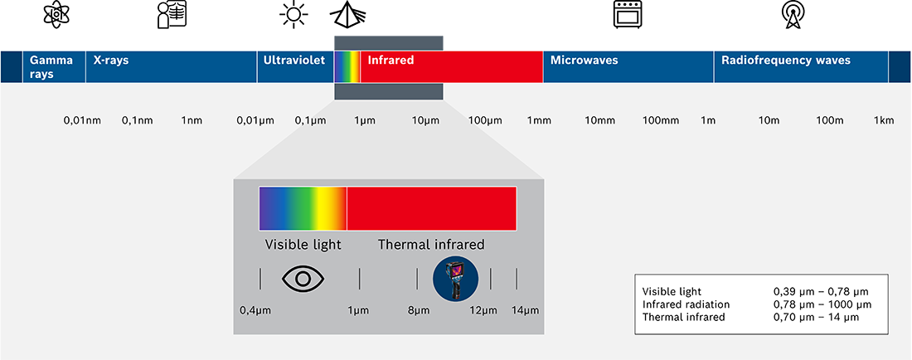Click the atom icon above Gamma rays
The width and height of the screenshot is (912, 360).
[56, 14]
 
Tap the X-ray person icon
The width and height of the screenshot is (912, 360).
[172, 15]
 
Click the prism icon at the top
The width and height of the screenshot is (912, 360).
[348, 14]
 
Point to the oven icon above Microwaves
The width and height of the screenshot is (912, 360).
[628, 15]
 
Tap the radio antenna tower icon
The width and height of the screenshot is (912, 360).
[792, 15]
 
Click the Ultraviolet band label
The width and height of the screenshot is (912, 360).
[293, 61]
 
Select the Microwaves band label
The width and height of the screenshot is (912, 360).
[584, 61]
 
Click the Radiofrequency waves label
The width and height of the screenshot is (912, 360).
[786, 61]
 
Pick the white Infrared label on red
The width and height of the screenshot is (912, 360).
[391, 61]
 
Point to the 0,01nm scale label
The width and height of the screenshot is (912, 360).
[82, 121]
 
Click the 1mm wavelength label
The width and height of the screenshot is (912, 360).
[539, 121]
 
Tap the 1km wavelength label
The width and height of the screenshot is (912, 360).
[884, 121]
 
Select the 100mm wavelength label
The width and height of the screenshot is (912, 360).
[660, 121]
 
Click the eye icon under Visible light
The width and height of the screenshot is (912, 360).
[303, 279]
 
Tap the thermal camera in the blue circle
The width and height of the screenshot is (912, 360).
[455, 280]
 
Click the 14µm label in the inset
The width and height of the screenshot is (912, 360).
[525, 310]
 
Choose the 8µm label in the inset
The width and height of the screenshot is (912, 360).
[419, 310]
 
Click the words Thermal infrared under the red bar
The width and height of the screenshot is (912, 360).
[431, 245]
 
